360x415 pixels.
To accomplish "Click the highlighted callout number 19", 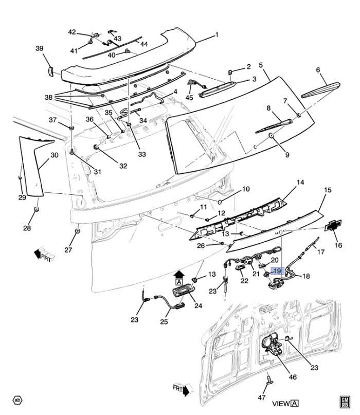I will [x=277, y=270].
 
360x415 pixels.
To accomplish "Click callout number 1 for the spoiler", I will [x=217, y=35].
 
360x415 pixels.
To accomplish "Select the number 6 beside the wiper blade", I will [x=318, y=70].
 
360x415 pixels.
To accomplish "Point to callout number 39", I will [x=40, y=49].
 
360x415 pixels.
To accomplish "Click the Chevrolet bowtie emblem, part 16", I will [x=330, y=227].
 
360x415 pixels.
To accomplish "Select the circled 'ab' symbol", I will [x=17, y=400].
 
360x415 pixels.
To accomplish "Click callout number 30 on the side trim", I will [x=55, y=155].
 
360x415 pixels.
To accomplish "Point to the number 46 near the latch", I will [x=292, y=377].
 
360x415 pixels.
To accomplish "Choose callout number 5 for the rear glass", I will [x=261, y=65].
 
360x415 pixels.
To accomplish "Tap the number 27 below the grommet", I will [x=68, y=250].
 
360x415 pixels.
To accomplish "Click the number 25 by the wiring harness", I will [x=164, y=322].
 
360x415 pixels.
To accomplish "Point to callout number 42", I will [x=72, y=32].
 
